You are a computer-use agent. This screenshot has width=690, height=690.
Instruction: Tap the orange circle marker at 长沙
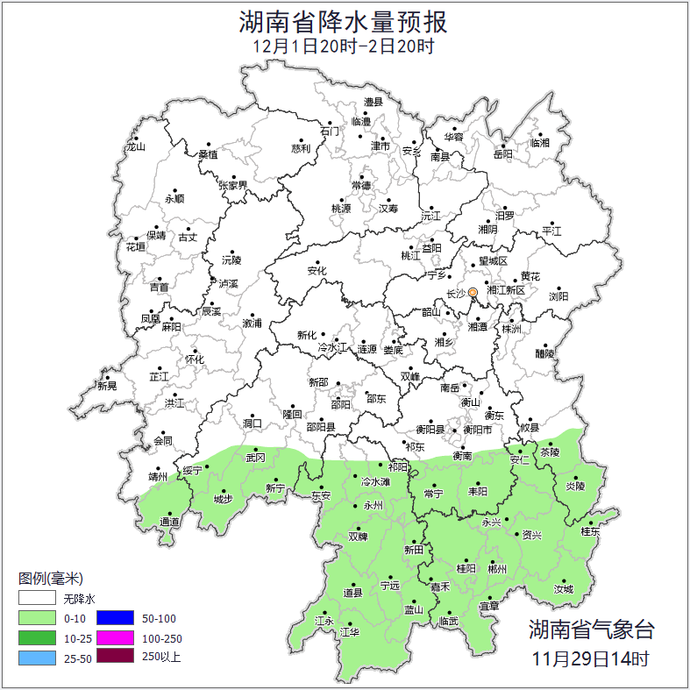(x=473, y=293)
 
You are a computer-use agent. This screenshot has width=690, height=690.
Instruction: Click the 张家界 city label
(x=233, y=186)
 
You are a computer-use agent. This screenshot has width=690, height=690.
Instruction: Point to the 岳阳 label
(x=502, y=155)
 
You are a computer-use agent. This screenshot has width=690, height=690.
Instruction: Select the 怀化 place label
(x=194, y=359)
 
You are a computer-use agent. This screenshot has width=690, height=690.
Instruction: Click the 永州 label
(x=373, y=507)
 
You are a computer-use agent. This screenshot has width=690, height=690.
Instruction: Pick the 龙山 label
(x=135, y=147)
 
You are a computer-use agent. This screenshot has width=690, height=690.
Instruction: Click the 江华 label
(x=350, y=632)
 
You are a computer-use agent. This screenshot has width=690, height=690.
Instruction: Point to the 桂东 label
(x=590, y=531)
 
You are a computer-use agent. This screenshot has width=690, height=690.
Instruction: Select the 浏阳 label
(x=558, y=297)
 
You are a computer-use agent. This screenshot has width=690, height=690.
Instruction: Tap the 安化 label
(x=317, y=272)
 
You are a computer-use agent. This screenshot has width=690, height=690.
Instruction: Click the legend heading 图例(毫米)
(x=50, y=579)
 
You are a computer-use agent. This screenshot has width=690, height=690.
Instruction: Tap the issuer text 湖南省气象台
(x=591, y=629)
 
